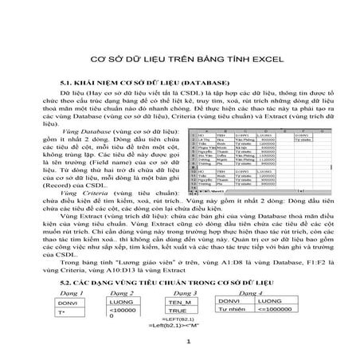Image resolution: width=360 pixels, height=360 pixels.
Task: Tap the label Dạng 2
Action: (119, 295)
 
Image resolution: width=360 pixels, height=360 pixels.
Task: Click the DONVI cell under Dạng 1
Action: (69, 304)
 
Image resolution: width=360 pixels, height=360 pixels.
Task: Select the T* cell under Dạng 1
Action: (65, 316)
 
